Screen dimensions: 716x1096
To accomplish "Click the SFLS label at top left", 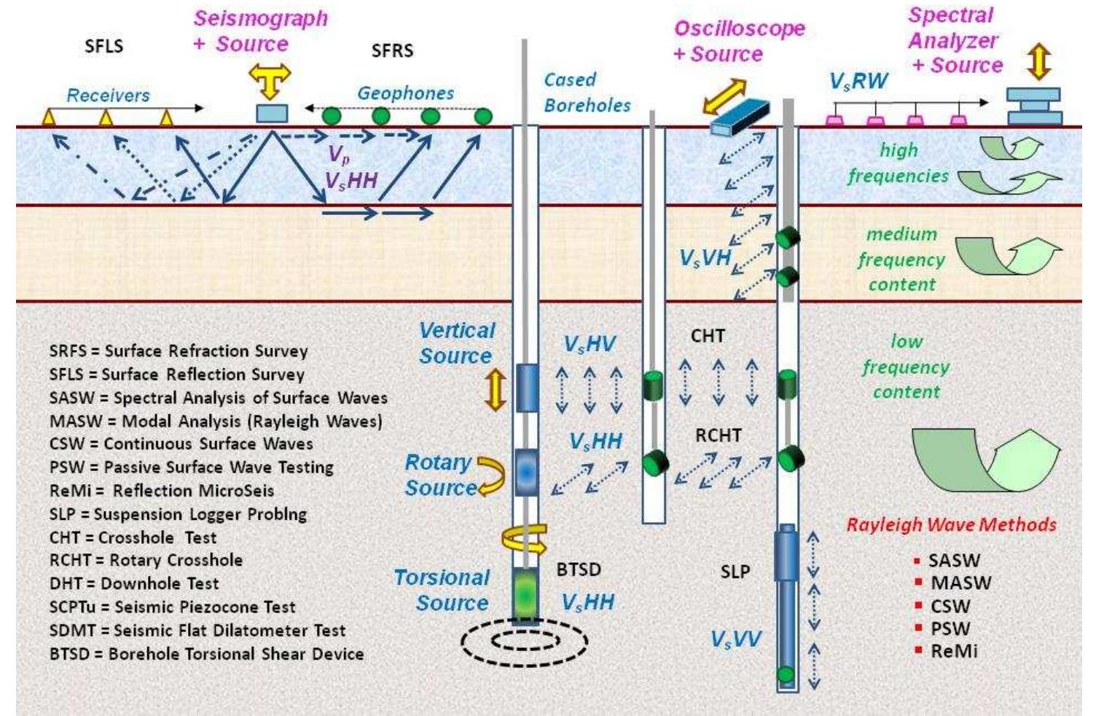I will point(103,46).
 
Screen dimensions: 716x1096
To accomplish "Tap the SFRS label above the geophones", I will point(392,50).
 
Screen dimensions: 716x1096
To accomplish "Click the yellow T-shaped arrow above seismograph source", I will point(270,79).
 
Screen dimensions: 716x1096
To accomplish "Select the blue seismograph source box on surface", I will point(271,114).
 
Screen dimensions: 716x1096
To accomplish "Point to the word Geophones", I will point(405,93).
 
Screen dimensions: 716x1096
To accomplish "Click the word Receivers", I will point(108,96).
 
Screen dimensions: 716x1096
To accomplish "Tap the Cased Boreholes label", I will point(587,93).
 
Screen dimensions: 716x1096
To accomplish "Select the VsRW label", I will point(858,81).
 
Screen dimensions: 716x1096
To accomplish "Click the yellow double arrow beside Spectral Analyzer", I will point(1038,61).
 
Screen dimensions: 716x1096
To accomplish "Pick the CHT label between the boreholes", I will point(708,336).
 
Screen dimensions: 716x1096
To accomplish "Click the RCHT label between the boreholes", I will point(718,435).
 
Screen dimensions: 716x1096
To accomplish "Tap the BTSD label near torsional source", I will point(579,569).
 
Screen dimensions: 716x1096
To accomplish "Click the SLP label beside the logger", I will point(735,572).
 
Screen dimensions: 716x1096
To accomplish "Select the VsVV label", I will point(736,639).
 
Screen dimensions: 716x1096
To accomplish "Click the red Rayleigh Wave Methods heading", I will point(951,524).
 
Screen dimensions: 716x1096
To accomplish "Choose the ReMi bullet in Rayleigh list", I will point(953,651).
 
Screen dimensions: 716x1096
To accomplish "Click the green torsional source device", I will point(525,594).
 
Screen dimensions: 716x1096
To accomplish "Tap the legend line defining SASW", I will point(218,398).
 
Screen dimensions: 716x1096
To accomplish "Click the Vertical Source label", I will point(456,343).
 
